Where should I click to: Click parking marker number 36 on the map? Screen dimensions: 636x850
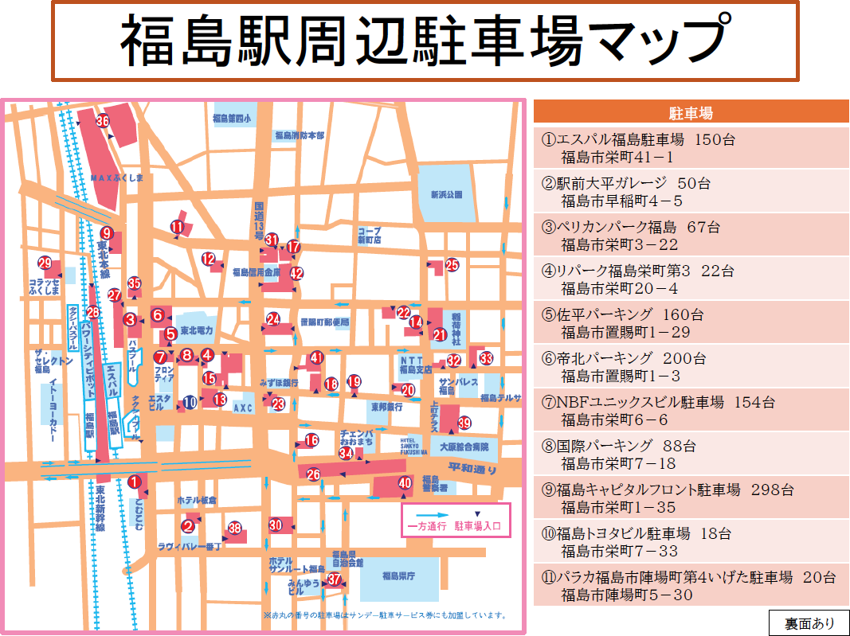coord(102,122)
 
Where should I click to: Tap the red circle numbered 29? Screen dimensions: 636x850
coord(45,263)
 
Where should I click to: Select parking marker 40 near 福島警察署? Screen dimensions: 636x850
coord(405,482)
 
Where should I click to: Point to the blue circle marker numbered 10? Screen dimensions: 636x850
coord(190,403)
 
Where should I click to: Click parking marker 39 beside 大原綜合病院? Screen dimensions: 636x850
coord(464,423)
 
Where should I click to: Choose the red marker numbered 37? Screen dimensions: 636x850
coord(335,579)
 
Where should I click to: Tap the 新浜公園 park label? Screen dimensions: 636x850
coord(446,194)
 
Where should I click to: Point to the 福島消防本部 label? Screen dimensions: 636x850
coord(299,136)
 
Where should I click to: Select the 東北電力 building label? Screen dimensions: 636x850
coord(197,330)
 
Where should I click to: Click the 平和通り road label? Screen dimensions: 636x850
coord(472,468)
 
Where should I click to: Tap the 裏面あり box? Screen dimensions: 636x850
coord(809,622)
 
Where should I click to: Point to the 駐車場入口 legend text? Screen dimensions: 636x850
coord(479,526)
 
